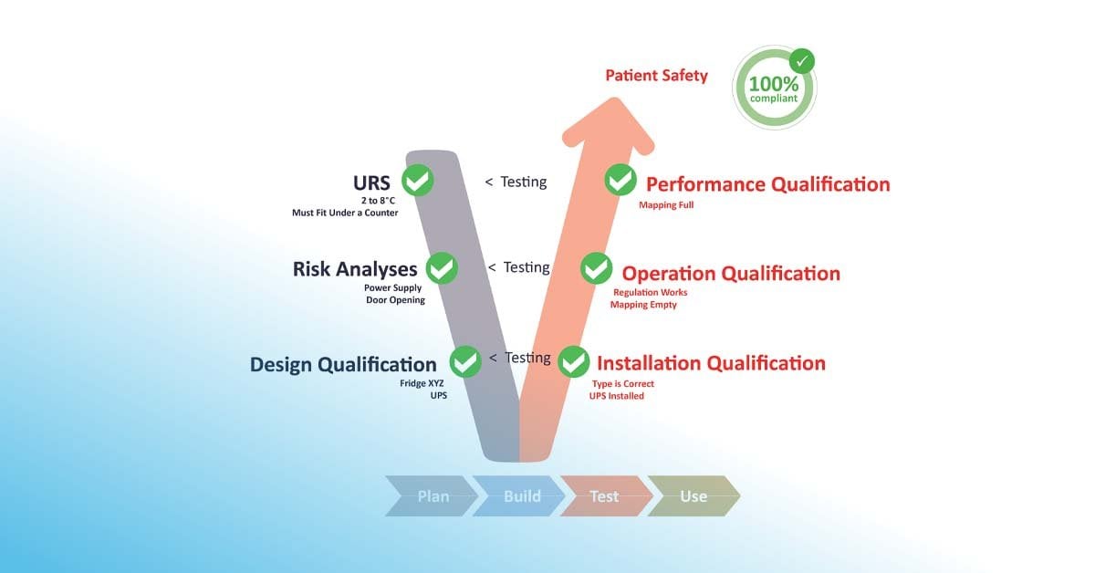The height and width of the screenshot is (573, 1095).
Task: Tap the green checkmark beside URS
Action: point(417,180)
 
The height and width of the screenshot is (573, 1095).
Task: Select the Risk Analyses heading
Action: point(355,268)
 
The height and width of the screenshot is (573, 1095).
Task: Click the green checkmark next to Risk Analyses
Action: point(442,268)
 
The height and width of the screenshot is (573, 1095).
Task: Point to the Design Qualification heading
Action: point(343,364)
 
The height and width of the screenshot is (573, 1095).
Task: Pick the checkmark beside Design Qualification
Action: point(465,361)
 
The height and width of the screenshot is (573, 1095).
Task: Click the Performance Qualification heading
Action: point(767,184)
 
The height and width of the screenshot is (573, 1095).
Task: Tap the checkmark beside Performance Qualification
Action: point(620,180)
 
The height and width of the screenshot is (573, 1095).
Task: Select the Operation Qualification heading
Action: point(731,273)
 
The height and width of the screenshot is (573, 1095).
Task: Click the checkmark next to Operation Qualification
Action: point(597,268)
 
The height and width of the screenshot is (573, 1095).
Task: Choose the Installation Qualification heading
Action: point(711,363)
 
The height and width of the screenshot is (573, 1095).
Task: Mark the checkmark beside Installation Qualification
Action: point(573,361)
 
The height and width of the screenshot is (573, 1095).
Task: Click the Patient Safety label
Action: point(656,76)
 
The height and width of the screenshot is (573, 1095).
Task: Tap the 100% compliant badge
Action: point(775,88)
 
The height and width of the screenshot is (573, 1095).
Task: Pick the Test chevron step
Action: point(604,496)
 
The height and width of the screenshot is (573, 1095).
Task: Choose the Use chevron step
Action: point(693,496)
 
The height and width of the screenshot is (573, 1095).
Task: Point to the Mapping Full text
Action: point(666,205)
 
